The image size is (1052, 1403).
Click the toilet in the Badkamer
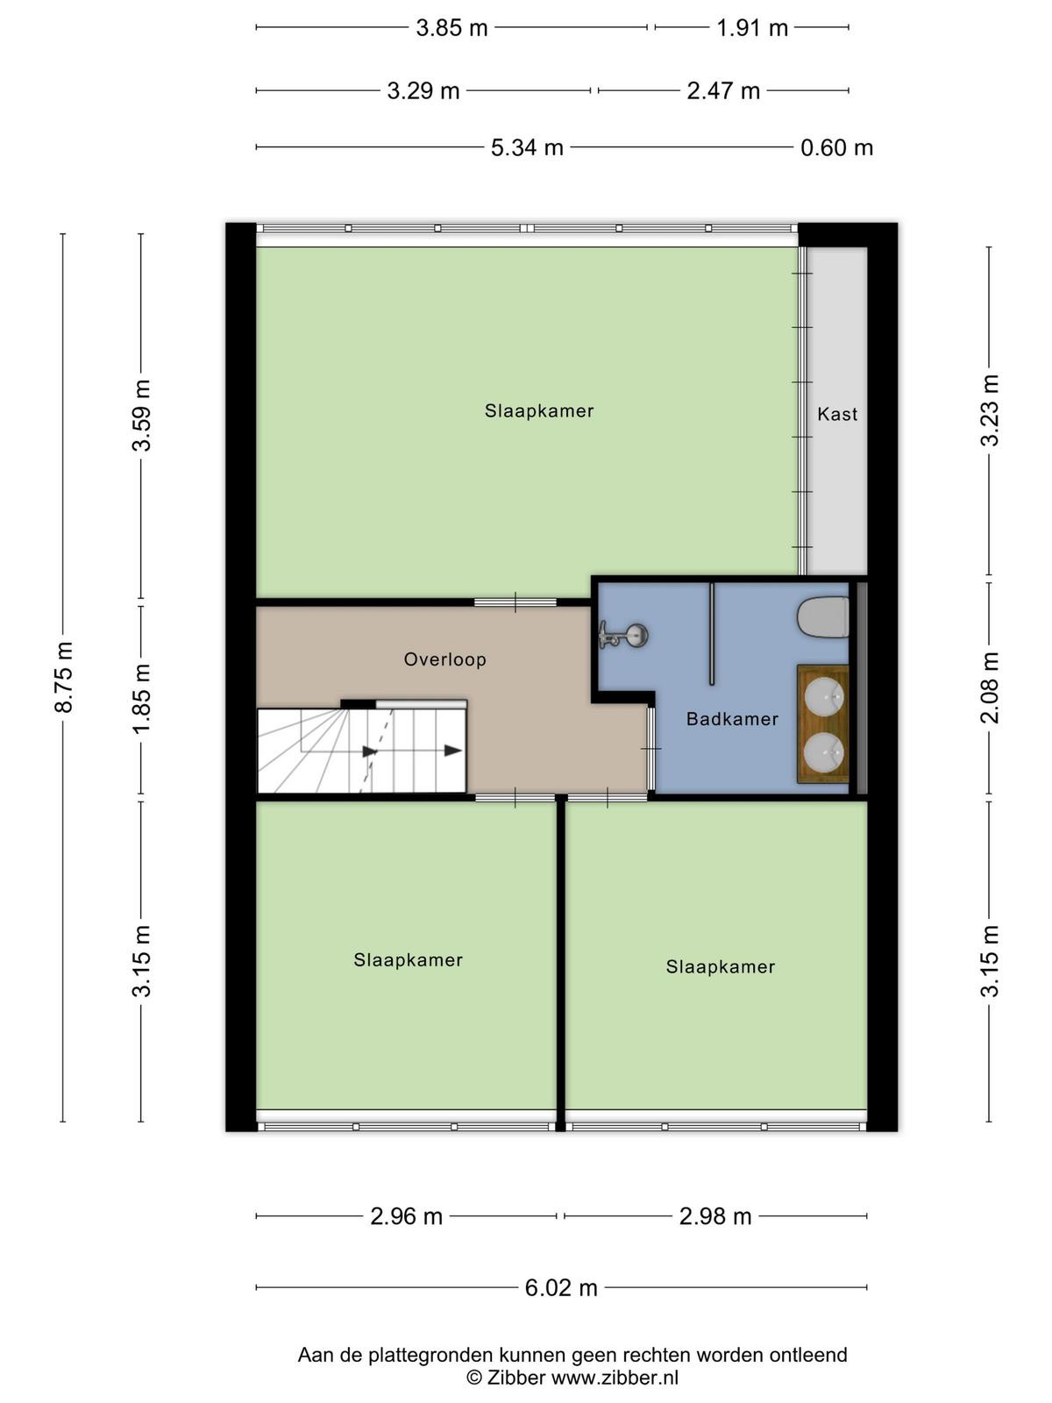pos(823,616)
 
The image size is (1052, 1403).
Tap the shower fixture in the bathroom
pos(623,636)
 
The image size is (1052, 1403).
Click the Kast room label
pos(836,414)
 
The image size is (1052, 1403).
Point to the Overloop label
pos(444,659)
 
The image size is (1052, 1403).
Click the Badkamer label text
pos(732,719)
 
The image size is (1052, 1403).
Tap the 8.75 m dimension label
pos(64,677)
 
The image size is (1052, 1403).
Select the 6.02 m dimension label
pos(561,1287)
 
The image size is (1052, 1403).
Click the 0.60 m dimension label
pos(836,147)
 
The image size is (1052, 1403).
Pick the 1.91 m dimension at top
pos(752,28)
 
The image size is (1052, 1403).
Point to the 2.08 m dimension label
pos(990,687)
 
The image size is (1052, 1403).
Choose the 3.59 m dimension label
pos(141,416)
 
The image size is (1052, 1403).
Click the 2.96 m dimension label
pos(406,1216)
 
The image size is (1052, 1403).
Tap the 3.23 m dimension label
pos(990,410)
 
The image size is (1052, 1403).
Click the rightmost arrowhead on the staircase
pos(453,751)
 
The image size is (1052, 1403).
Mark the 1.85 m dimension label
pos(141,699)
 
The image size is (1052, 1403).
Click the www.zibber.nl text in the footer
pos(615,1378)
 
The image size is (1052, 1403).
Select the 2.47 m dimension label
pos(723,91)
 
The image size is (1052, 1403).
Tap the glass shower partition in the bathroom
pos(712,634)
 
